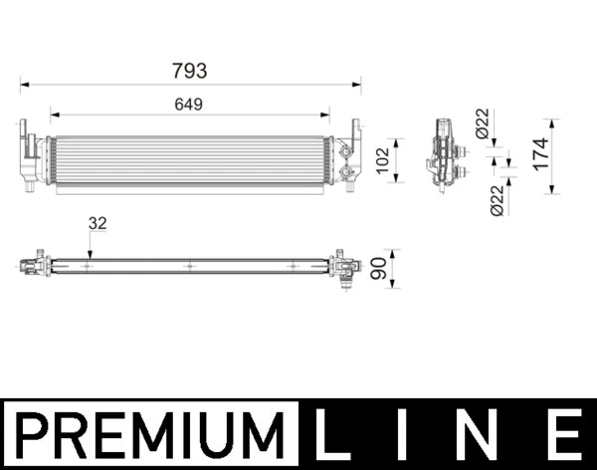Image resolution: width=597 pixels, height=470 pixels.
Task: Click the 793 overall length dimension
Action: (x=189, y=70)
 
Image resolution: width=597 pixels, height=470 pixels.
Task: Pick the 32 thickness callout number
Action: (x=97, y=224)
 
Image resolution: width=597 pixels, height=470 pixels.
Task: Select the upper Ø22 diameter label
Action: (x=482, y=123)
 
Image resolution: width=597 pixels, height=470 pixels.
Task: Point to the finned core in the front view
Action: (x=189, y=160)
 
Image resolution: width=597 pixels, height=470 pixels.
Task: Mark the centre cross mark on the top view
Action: (x=189, y=266)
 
